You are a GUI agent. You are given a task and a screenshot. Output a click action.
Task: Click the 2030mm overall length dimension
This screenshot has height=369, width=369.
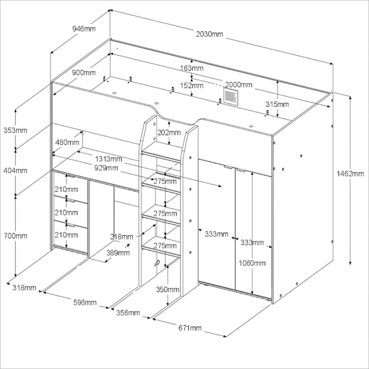pos(210,34)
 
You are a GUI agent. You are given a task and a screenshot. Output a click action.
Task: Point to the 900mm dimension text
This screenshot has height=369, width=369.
pos(84,73)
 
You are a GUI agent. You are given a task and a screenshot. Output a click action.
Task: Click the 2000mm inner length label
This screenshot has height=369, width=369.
pos(239,85)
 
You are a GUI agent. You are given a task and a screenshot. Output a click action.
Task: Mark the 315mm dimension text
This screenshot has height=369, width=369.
pos(277,104)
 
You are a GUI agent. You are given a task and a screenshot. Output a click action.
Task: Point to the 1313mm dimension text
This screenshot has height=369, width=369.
pos(109,159)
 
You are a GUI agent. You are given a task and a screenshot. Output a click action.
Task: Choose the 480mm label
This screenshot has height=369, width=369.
pos(67,142)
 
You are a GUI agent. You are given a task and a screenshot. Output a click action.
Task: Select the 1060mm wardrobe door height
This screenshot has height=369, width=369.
pos(252,263)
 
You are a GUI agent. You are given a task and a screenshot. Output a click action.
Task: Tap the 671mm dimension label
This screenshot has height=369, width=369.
pos(190,328)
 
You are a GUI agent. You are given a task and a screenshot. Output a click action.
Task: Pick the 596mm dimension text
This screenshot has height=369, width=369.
pos(84,302)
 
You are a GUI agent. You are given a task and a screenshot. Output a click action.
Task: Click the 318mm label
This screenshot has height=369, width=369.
pos(24,288)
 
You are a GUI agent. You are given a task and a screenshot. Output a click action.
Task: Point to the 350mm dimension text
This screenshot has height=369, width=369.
pos(167,289)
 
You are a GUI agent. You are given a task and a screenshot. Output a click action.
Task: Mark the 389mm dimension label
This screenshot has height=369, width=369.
pos(118,253)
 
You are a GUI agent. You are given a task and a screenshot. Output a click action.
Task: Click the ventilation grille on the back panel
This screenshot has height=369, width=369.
pos(230,95)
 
